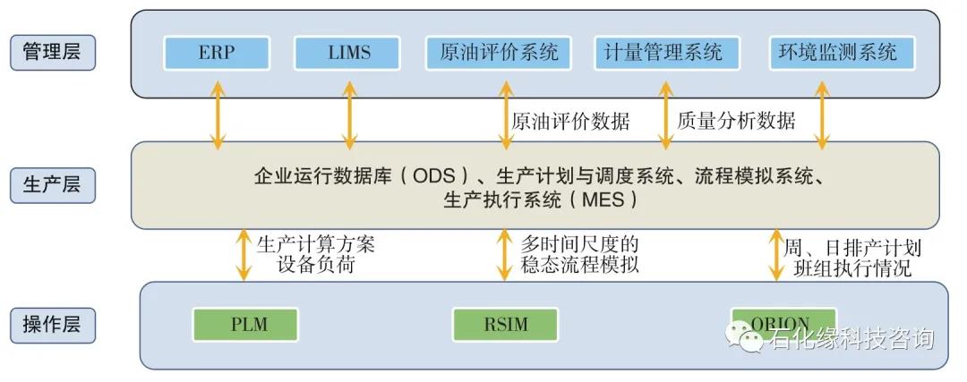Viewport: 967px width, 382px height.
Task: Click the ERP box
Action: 217,53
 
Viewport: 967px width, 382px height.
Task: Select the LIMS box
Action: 348,53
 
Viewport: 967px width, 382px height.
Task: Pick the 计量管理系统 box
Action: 664,53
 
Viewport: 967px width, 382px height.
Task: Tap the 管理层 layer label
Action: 52,52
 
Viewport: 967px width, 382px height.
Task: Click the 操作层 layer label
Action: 52,324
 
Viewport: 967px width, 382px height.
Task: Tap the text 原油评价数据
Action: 570,121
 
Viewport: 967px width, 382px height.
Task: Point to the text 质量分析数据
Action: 736,121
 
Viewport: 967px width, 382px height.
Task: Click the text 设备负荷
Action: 310,266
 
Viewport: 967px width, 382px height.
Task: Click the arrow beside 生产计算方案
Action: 243,254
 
